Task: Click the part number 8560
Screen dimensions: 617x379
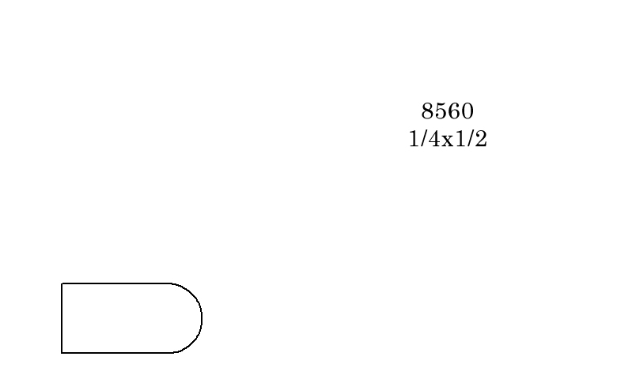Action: pos(448,111)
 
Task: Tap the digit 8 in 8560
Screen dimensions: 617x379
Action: pos(427,111)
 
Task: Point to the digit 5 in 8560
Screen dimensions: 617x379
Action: pos(441,111)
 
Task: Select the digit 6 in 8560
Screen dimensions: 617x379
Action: pos(454,111)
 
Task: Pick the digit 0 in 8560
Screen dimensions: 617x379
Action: pos(467,111)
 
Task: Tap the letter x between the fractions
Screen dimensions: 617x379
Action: pos(448,141)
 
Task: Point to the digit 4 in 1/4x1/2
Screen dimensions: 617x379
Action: pos(434,139)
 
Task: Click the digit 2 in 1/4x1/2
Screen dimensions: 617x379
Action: pos(481,139)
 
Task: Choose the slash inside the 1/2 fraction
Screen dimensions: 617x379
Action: pos(470,139)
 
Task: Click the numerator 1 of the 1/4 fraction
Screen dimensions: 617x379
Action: pos(414,139)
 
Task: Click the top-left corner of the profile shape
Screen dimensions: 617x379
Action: pos(62,283)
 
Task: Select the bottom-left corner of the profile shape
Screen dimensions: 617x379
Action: pos(62,353)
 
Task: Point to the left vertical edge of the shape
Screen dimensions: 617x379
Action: pos(62,318)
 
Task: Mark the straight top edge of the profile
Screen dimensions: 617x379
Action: pos(116,283)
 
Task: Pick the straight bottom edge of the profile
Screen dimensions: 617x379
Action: pos(116,353)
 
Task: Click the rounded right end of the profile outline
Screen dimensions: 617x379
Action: pos(202,318)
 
